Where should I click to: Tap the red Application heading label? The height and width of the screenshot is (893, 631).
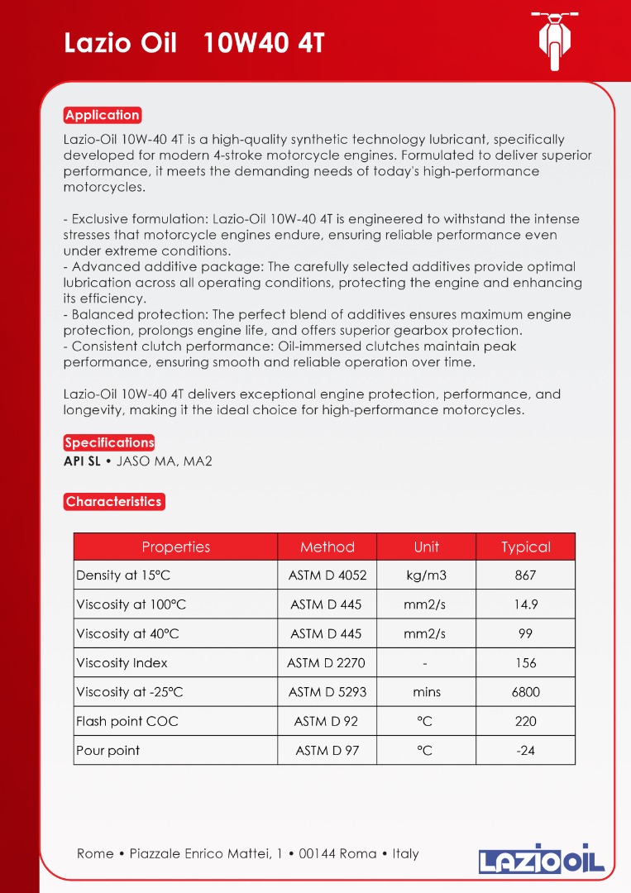(x=103, y=115)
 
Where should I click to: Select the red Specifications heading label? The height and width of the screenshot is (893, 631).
(x=109, y=442)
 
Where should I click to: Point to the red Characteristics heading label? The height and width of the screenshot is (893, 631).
(x=113, y=501)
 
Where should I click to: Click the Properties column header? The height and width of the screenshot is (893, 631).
(x=175, y=547)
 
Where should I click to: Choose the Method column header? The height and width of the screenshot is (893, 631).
(x=327, y=547)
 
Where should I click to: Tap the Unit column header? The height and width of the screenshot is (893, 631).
(x=426, y=547)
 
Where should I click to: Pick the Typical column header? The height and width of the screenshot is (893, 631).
(x=525, y=547)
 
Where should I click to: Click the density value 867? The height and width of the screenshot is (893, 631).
(x=525, y=575)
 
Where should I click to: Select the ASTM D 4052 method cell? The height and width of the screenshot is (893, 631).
(x=327, y=575)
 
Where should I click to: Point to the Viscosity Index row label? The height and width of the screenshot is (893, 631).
(x=122, y=662)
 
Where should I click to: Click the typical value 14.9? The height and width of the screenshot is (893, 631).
(x=525, y=604)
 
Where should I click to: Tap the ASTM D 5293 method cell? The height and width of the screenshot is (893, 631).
(x=327, y=692)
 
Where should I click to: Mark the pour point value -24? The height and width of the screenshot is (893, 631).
(x=525, y=751)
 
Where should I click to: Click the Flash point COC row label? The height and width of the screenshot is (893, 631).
(x=127, y=721)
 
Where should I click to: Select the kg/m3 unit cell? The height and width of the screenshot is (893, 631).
(x=426, y=575)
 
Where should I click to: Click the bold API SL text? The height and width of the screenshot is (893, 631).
(x=82, y=461)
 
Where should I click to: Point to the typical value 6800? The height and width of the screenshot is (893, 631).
(x=525, y=692)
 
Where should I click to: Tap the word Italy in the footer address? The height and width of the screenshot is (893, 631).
(x=405, y=853)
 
